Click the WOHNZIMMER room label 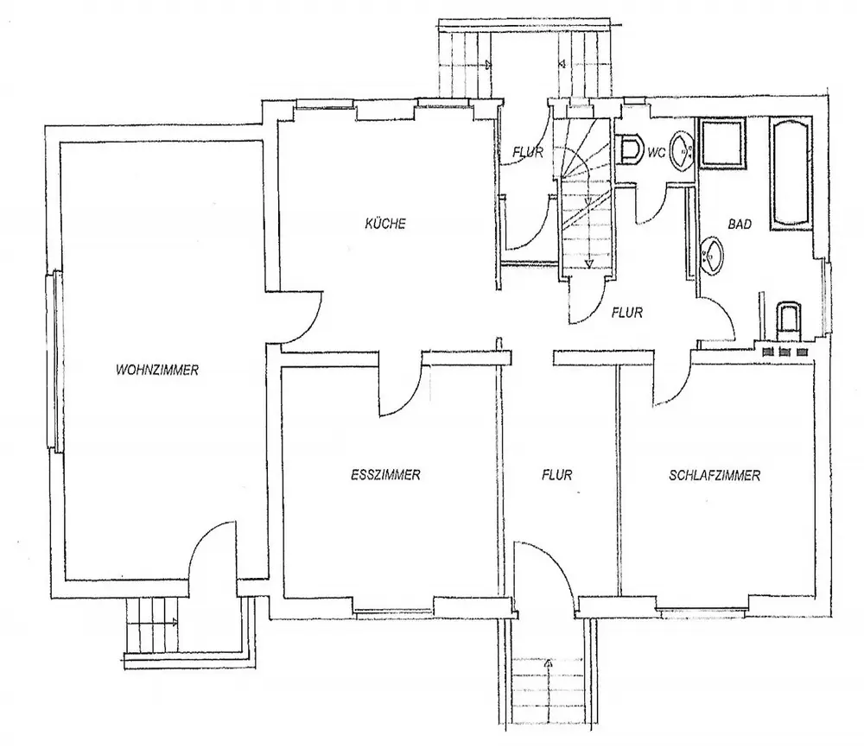[x=157, y=371]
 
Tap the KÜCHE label [x=385, y=224]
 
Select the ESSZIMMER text [x=386, y=474]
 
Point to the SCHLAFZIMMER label [x=714, y=475]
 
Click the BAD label [x=740, y=225]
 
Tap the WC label [x=656, y=153]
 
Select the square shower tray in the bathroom [x=724, y=143]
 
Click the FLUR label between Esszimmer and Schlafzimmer [x=558, y=474]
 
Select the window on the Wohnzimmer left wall [x=54, y=360]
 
